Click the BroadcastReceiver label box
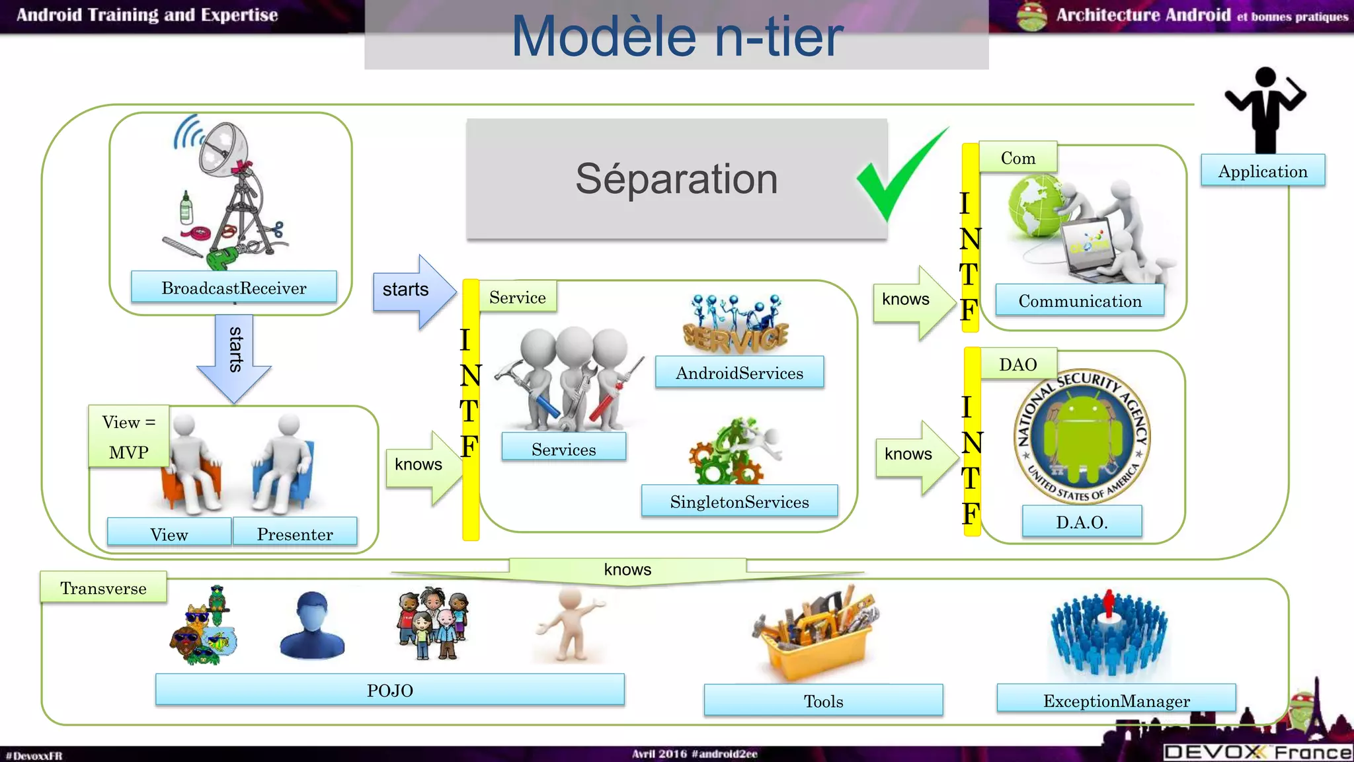[233, 287]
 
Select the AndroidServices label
[739, 372]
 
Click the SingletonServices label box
[739, 501]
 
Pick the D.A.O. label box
[1082, 521]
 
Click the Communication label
[1080, 300]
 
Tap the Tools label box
[823, 700]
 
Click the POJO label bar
[389, 690]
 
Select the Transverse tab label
[103, 587]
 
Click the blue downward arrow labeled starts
[234, 358]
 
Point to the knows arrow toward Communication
[912, 302]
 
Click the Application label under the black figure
[1262, 171]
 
